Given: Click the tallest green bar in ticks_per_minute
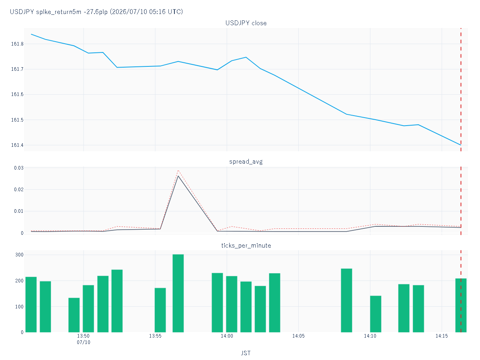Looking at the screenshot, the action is (x=178, y=293).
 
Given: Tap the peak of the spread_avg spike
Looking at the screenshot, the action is (x=178, y=176).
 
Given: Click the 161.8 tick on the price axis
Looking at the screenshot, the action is (x=17, y=44).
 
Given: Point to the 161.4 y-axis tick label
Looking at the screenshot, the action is (x=17, y=145).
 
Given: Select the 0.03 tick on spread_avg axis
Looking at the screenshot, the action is (x=18, y=168).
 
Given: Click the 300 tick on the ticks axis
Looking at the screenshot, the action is (x=19, y=255).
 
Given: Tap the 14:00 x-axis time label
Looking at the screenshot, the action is (x=227, y=336).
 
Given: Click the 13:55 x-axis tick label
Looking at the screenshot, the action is (x=155, y=336).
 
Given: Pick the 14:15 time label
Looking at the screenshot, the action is (x=442, y=336).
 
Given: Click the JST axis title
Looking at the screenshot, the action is (x=246, y=353).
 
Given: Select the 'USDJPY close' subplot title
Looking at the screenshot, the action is (x=246, y=23).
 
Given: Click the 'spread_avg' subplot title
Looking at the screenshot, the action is (x=246, y=162).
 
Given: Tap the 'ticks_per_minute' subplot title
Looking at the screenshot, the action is (x=246, y=246).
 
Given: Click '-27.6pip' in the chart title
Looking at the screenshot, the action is (x=96, y=12).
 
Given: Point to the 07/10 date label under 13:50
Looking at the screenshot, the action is (x=83, y=342).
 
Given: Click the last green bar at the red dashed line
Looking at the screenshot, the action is (x=461, y=305).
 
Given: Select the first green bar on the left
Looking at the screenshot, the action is (x=31, y=305).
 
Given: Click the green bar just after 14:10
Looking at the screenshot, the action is (x=376, y=314).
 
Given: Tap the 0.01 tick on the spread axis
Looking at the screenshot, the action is (x=18, y=211).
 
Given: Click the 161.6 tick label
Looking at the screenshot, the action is (x=17, y=94).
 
